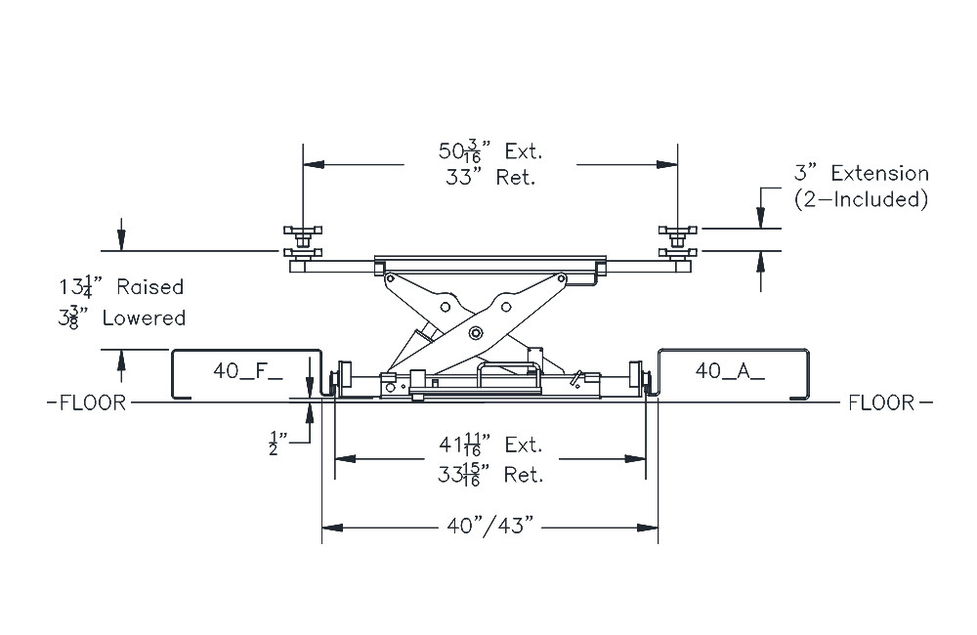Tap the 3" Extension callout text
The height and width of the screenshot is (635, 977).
[860, 174]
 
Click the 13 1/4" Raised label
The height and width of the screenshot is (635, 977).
[121, 287]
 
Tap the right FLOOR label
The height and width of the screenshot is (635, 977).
[881, 402]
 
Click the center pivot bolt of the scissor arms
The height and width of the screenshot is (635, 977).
[476, 333]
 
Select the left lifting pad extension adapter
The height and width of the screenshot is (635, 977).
[303, 234]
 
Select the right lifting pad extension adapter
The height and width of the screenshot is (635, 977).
[678, 234]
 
